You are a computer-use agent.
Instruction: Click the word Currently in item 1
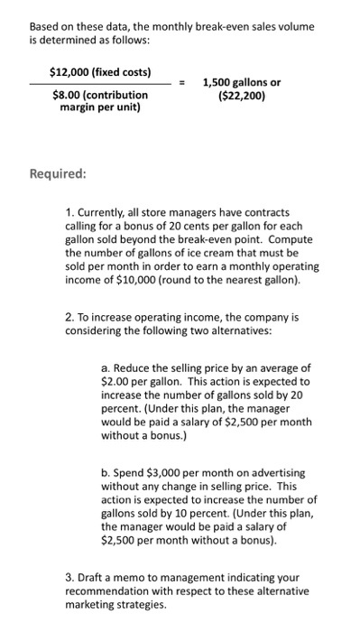104,210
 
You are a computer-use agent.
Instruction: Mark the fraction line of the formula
99,83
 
